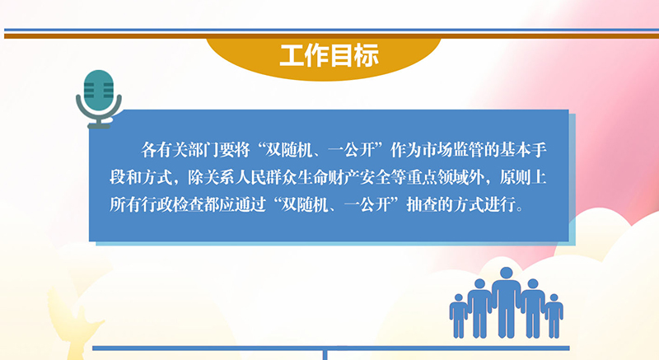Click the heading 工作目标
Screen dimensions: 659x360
329,55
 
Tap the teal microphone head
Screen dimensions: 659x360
99,90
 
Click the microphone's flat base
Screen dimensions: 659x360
99,125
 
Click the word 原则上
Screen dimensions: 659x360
523,178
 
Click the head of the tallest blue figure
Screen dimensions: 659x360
507,273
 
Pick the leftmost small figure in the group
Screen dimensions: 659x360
458,316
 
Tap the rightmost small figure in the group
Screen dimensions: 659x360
554,316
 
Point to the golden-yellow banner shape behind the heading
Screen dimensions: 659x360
324,58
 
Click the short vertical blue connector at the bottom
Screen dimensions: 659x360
325,355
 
